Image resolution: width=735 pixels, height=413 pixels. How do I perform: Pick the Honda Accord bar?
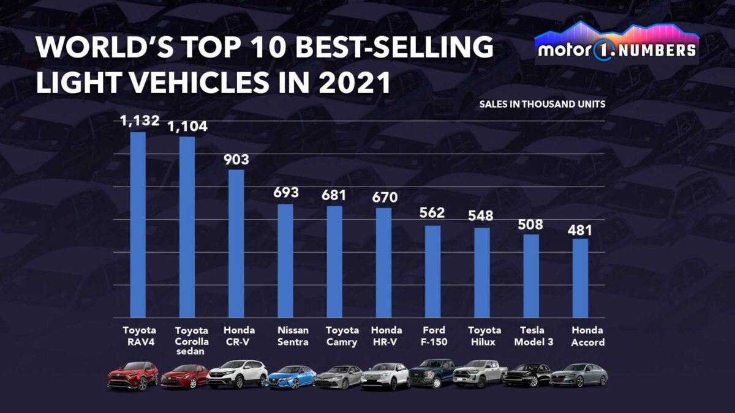(x=580, y=278)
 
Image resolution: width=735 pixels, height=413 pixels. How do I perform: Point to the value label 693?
(x=286, y=193)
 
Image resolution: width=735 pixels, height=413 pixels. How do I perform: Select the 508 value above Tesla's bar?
(x=530, y=225)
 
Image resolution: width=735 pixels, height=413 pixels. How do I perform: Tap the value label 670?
(x=385, y=197)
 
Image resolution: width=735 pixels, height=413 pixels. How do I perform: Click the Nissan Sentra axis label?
(x=293, y=336)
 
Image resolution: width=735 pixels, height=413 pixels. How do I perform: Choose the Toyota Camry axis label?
(x=342, y=336)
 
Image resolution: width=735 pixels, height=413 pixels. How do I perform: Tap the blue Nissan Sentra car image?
(x=292, y=377)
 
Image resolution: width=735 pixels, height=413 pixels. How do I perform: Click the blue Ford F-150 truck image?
(x=432, y=373)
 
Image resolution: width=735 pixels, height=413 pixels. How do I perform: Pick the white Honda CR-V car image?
(x=237, y=374)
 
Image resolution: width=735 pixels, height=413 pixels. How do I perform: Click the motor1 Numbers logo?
(x=616, y=44)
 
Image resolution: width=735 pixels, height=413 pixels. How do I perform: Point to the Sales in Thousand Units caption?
(x=542, y=104)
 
